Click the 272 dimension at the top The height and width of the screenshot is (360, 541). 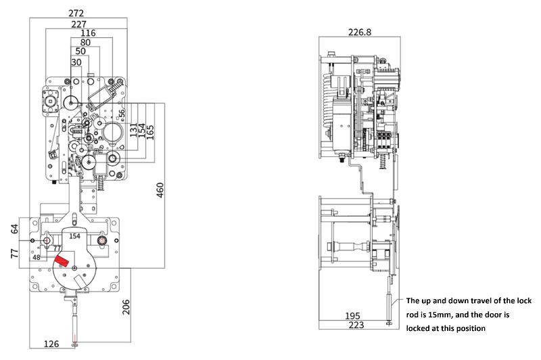(76, 13)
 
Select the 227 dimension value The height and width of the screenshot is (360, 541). (78, 24)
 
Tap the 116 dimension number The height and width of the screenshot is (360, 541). (88, 33)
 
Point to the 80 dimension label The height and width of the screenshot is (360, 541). (85, 43)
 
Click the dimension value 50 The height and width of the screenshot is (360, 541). (80, 51)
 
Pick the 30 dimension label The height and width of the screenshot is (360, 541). (76, 62)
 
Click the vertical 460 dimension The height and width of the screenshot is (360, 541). (160, 190)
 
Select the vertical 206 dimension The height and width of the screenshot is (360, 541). (126, 307)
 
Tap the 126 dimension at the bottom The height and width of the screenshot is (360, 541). (51, 344)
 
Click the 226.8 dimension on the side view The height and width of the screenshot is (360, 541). (360, 32)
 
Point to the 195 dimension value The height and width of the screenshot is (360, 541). (352, 316)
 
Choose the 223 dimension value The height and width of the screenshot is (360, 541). (356, 325)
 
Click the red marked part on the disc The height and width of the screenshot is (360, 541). (61, 261)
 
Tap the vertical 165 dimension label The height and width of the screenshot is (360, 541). (150, 132)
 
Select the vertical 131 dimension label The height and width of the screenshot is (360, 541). (133, 130)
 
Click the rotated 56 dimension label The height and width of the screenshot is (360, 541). (122, 114)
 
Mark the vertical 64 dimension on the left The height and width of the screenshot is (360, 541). (14, 229)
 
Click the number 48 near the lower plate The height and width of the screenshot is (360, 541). (37, 258)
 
